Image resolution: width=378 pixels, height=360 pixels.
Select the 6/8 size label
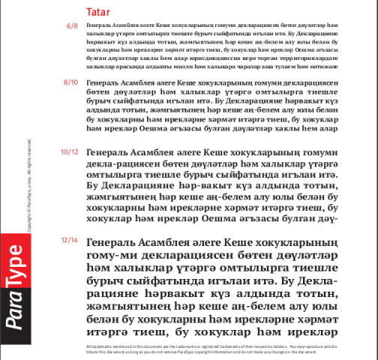72,26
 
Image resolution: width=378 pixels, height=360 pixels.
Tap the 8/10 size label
71,82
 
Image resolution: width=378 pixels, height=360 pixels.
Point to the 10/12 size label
69,151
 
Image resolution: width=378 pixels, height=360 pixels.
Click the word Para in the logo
13,315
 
